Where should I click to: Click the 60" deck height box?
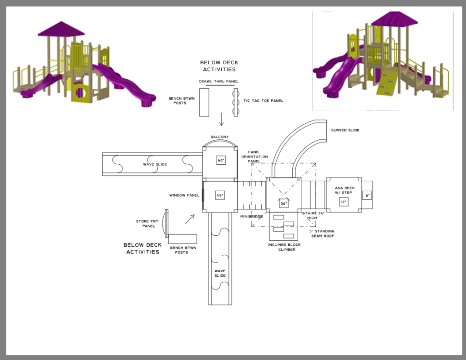pos(221,160)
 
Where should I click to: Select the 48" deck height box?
pos(220,195)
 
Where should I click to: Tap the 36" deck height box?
pos(284,203)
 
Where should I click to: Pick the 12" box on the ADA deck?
pos(344,202)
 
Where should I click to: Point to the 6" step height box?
pos(367,195)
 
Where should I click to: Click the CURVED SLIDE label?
pos(345,130)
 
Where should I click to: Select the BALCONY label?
pos(220,137)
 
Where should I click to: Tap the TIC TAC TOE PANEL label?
pos(263,101)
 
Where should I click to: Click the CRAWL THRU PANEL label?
pos(218,81)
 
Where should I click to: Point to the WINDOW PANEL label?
pos(184,195)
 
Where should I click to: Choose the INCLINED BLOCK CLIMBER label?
pos(284,247)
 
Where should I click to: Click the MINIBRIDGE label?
pos(251,217)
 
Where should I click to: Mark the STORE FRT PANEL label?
pos(147,223)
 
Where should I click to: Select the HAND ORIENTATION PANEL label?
pos(254,157)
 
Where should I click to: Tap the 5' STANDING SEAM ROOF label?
pos(322,233)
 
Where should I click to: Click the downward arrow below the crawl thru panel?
pos(221,119)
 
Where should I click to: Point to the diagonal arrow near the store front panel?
pos(190,219)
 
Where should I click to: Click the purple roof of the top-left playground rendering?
pos(61,29)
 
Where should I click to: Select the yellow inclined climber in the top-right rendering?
pos(386,81)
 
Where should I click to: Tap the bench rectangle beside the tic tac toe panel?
pos(204,102)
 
